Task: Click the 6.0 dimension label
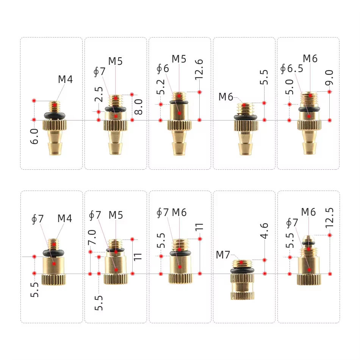click(34, 136)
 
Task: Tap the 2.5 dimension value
click(99, 94)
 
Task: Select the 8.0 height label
click(138, 107)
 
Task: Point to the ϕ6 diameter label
click(163, 69)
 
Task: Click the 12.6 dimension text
click(199, 70)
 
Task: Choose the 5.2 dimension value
click(161, 87)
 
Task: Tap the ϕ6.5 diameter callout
click(291, 69)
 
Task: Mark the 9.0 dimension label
click(329, 78)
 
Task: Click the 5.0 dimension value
click(290, 87)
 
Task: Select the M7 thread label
click(223, 255)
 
